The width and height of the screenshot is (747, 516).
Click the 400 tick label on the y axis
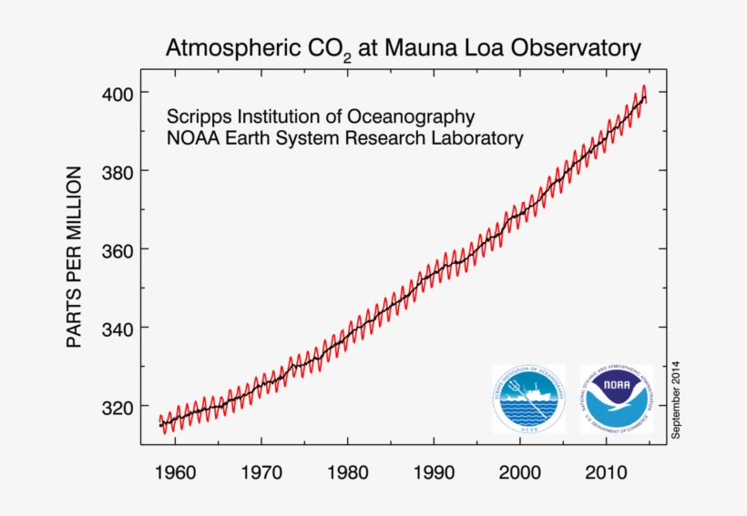tap(117, 94)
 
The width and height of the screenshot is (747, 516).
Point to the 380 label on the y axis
tap(117, 172)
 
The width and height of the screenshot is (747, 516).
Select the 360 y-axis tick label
tap(117, 250)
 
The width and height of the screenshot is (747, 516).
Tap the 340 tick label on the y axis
tap(117, 329)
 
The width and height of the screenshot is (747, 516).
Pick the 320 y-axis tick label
tap(117, 407)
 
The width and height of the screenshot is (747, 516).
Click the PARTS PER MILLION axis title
tap(75, 257)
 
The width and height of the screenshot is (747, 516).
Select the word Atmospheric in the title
tap(230, 47)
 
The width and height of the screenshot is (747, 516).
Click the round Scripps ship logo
tap(528, 399)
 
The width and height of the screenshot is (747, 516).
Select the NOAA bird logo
tap(616, 399)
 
